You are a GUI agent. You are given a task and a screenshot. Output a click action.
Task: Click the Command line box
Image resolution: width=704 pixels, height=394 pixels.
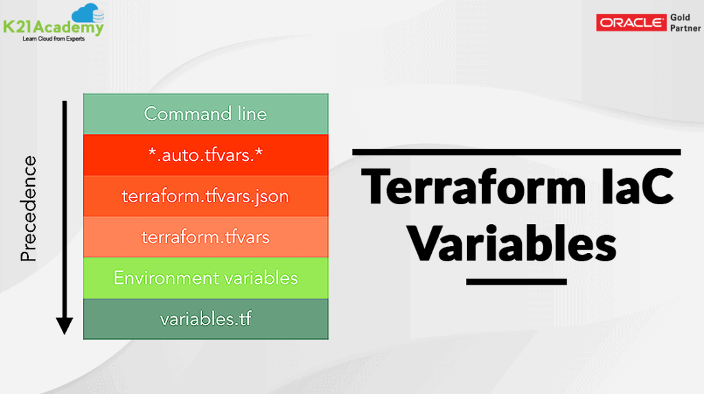pos(205,114)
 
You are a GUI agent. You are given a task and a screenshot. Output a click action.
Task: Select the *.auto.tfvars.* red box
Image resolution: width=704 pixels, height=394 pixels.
pos(205,155)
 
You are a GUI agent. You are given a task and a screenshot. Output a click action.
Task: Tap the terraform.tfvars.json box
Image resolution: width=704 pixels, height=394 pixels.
pos(205,196)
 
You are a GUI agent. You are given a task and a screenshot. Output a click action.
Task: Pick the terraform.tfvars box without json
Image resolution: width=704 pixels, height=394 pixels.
pos(205,237)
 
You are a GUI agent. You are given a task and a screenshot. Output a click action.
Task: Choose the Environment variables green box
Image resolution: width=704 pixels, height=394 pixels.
pos(205,278)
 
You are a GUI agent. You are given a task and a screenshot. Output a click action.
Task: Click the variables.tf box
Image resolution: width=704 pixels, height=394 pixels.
pos(205,319)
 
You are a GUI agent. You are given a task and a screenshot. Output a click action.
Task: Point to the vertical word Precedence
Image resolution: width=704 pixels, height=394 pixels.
pos(29,208)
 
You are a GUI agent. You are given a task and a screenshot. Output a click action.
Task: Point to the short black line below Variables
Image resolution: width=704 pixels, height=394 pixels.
pos(516,281)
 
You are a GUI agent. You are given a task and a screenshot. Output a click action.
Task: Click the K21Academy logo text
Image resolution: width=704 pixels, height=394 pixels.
pos(53,28)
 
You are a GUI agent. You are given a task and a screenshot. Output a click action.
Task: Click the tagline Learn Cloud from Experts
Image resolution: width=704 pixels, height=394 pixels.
pos(52,39)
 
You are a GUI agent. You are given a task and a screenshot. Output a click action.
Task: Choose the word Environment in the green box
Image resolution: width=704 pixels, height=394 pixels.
pos(160,278)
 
